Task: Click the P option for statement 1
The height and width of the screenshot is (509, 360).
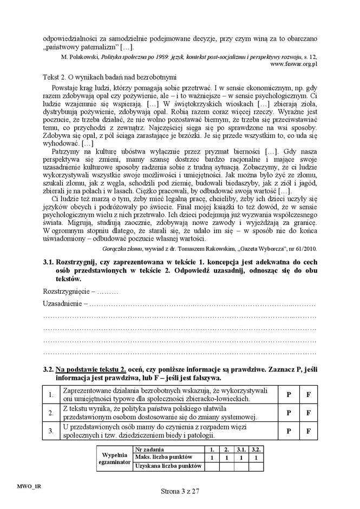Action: point(289,395)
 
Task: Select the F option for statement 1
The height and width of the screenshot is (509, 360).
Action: point(308,395)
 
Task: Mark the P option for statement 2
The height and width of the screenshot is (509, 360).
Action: point(289,413)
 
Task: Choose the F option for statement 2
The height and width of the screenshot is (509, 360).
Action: point(308,413)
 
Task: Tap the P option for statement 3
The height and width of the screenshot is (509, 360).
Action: point(289,431)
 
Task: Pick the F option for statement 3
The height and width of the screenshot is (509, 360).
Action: point(308,431)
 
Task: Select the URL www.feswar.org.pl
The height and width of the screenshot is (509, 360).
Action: point(293,64)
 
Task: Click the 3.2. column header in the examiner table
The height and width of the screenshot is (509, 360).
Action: point(257,449)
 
